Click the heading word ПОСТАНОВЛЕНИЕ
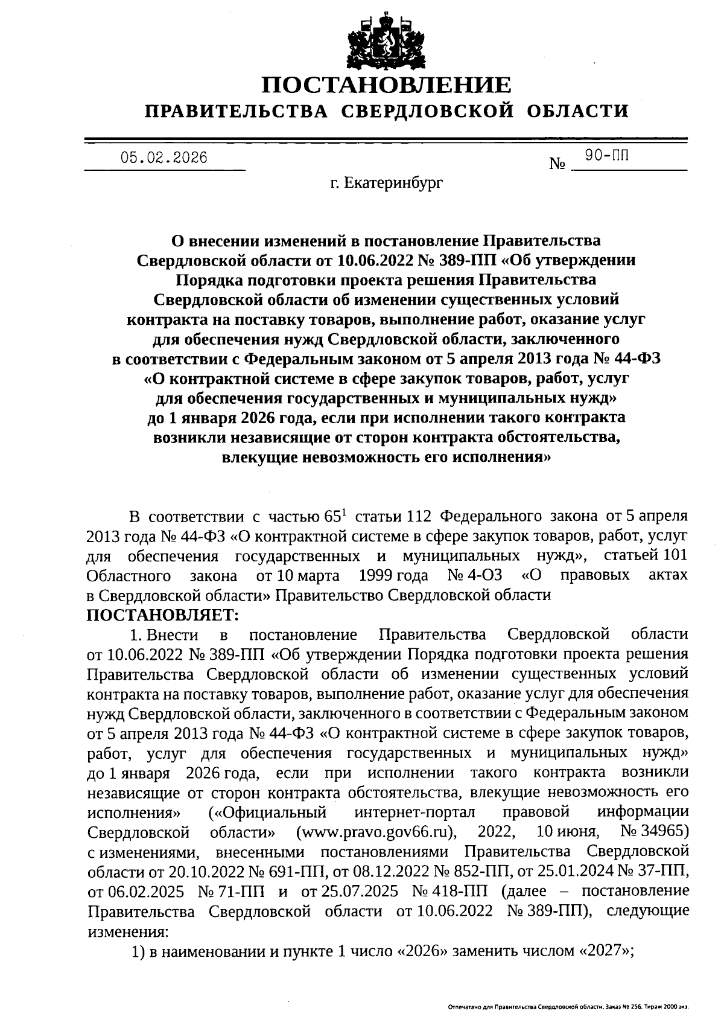(386, 85)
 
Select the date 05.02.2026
(164, 158)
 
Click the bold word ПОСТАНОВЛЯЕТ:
(163, 615)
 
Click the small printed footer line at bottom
(568, 1008)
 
